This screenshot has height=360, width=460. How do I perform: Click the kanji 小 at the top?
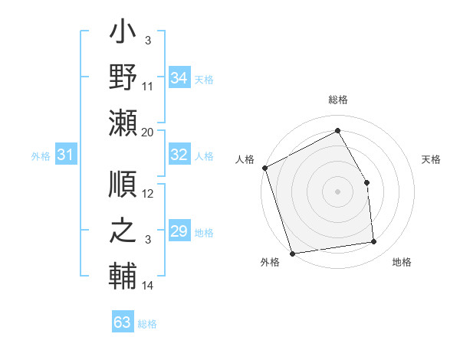pos(123,34)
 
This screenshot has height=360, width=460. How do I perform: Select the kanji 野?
pos(123,79)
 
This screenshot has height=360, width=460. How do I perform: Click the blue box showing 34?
pos(179,78)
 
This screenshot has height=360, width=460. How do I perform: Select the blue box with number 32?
pos(179,155)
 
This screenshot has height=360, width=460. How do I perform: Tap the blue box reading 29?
pos(179,231)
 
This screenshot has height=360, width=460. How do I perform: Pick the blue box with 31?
pos(65,155)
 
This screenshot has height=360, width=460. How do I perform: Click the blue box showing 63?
pos(122,322)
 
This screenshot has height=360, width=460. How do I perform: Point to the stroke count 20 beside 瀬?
pos(148,132)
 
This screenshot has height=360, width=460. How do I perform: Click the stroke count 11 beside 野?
pos(148,87)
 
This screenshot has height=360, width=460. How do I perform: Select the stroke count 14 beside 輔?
pos(148,286)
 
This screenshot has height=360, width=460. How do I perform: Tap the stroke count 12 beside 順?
pos(148,194)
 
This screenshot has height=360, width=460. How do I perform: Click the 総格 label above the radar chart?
pos(337,100)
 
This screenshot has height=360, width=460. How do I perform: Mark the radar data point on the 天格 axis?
pos(366,182)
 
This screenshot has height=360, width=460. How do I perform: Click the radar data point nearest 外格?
pos(292,253)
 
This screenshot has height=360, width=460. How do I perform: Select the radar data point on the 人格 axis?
pos(264,168)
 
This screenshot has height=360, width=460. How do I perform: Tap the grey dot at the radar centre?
pos(337,191)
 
